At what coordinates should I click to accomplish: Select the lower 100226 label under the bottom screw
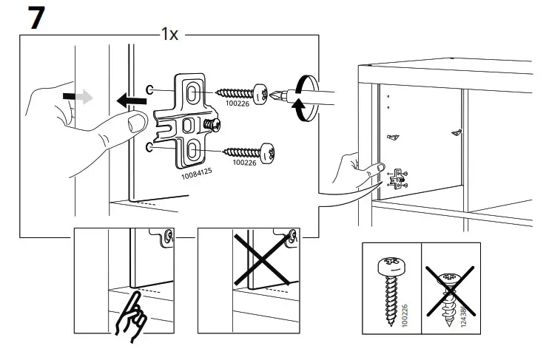tap(246, 162)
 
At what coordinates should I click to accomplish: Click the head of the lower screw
tap(274, 153)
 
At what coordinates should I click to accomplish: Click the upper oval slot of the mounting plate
tap(192, 92)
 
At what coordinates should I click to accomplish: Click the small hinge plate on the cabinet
tap(399, 177)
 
